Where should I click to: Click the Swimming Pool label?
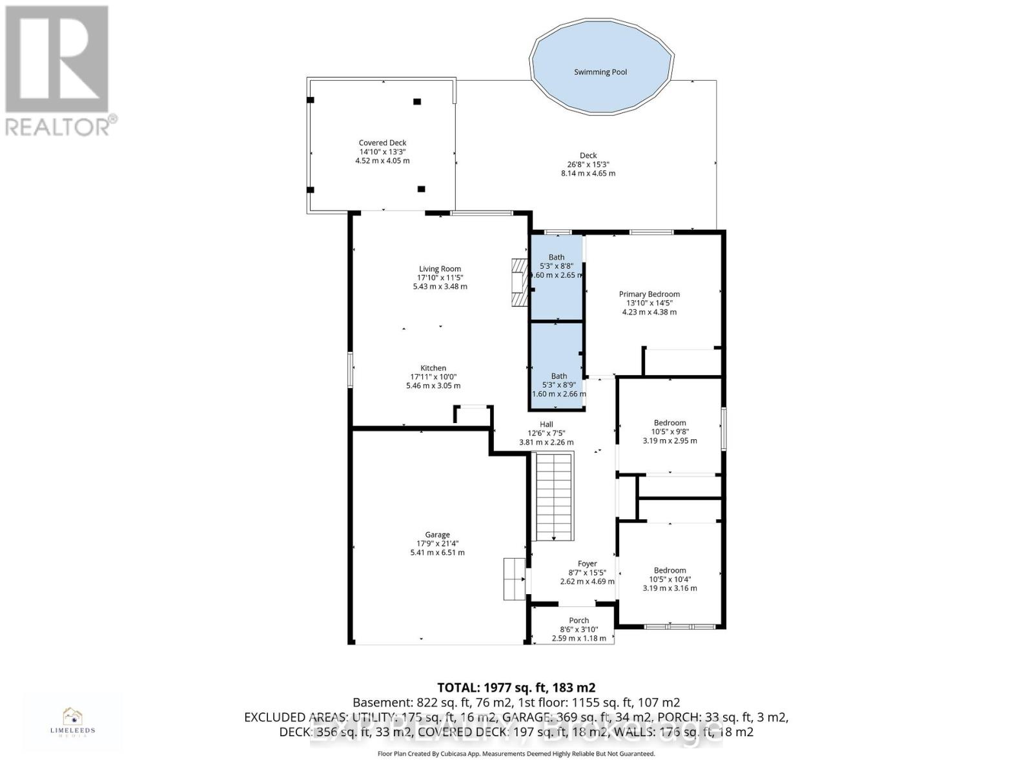coord(600,72)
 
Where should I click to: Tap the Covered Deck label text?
coord(382,143)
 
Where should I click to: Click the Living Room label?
coord(440,269)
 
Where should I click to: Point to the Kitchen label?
coord(433,368)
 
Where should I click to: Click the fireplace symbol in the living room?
coord(520,284)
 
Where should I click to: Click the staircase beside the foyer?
coord(553,496)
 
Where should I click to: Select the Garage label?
coord(437,535)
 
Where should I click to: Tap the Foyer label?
coord(587,564)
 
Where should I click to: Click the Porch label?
coord(578,621)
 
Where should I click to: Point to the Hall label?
coord(546,424)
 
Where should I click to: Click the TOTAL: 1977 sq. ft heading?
coord(516,688)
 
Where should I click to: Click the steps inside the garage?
coord(514,579)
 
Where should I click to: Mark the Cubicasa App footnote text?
coord(516,754)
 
